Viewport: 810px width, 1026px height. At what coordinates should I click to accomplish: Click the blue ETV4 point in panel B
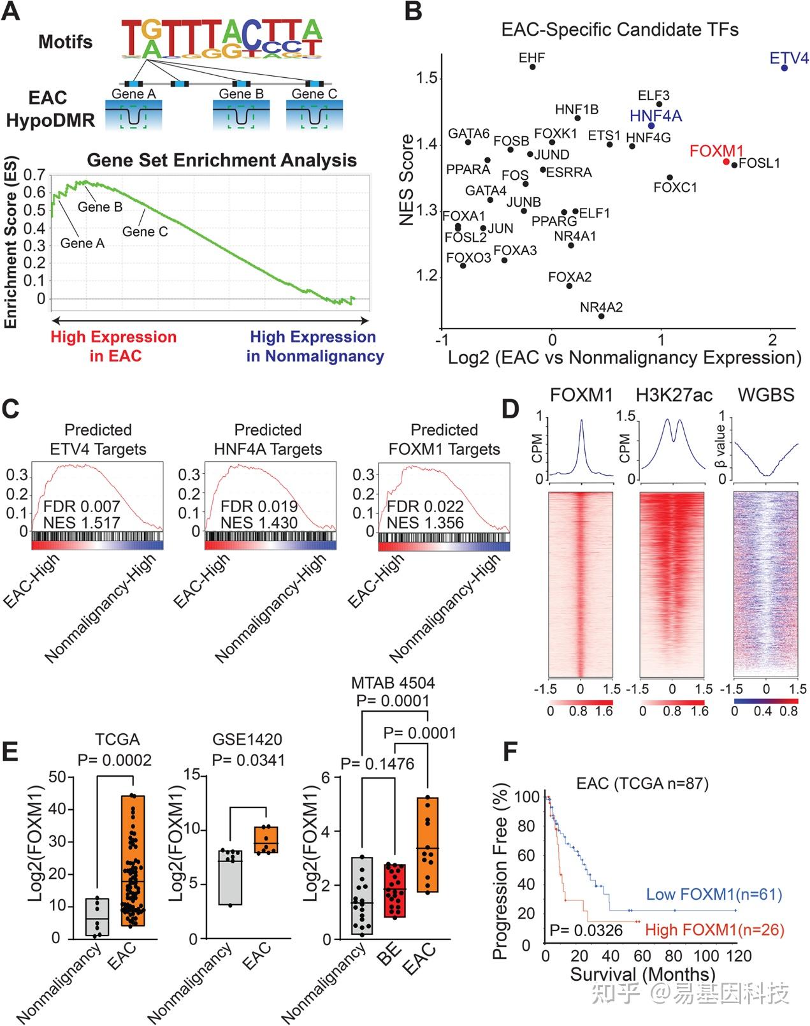click(x=785, y=68)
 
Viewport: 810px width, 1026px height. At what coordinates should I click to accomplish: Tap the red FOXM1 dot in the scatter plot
click(x=726, y=162)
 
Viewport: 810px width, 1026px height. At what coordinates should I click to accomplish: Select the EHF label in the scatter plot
click(x=532, y=58)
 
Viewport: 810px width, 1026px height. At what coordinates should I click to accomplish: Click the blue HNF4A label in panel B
click(x=656, y=115)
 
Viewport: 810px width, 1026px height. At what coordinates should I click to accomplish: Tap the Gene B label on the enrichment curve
click(x=100, y=207)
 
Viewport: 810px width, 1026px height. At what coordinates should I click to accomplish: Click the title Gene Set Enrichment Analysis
click(x=221, y=160)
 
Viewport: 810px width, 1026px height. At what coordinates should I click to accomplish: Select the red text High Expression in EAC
click(x=114, y=346)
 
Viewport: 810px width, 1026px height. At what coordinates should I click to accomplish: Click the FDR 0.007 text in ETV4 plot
click(x=82, y=506)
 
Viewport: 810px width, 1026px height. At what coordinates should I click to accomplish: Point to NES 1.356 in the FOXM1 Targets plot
click(x=425, y=523)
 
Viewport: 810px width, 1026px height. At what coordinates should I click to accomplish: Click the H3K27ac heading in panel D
click(x=674, y=395)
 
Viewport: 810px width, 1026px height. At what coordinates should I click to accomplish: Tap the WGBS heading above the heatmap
click(x=765, y=395)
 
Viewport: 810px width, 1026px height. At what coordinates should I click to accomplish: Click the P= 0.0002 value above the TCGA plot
click(x=115, y=759)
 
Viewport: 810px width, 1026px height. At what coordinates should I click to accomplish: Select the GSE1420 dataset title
click(x=247, y=740)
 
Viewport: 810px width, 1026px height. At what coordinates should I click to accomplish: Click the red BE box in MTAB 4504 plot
click(x=395, y=890)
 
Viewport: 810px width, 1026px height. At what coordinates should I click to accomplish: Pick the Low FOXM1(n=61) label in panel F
click(x=714, y=894)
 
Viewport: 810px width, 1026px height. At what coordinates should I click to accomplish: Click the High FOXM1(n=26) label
click(x=714, y=930)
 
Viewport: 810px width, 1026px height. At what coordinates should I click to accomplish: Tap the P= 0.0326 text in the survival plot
click(x=586, y=930)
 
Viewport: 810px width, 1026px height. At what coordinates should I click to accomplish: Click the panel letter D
click(x=511, y=409)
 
